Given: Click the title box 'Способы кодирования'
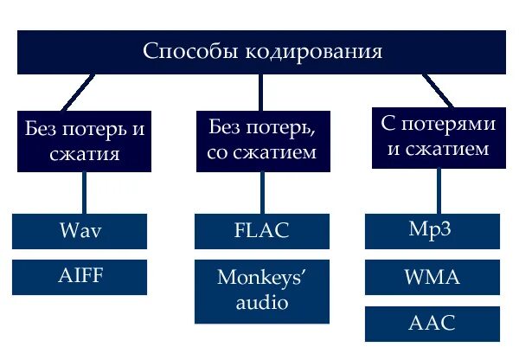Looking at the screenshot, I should point(262,52).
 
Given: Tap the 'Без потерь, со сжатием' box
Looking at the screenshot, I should point(261,139).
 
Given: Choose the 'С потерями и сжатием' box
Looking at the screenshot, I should point(439,136).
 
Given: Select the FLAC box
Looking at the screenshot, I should point(260,231).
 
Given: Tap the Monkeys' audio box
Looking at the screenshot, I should point(260,290).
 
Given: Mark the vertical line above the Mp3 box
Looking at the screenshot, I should point(440,190).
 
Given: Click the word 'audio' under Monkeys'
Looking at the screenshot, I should point(260,303).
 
